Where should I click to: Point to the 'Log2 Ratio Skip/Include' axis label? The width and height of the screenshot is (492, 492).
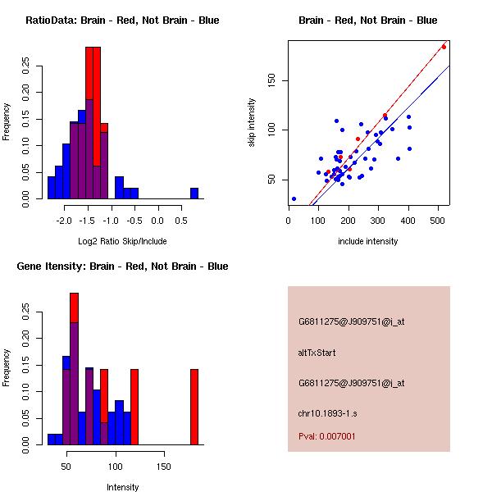(122, 241)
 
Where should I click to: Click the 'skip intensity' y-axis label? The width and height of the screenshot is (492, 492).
(252, 123)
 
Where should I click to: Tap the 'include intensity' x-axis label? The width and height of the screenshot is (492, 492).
(368, 241)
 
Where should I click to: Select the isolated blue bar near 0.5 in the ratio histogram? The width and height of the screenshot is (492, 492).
(194, 194)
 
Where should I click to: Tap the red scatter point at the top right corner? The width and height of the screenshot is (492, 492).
(444, 47)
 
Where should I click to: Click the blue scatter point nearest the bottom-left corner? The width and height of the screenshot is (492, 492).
(294, 198)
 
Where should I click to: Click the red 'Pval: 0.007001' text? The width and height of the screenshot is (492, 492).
(327, 437)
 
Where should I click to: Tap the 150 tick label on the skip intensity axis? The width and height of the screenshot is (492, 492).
(271, 80)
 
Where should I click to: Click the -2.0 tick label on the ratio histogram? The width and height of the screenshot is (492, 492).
(62, 221)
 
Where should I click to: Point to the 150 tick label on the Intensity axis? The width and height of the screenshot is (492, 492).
(164, 467)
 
